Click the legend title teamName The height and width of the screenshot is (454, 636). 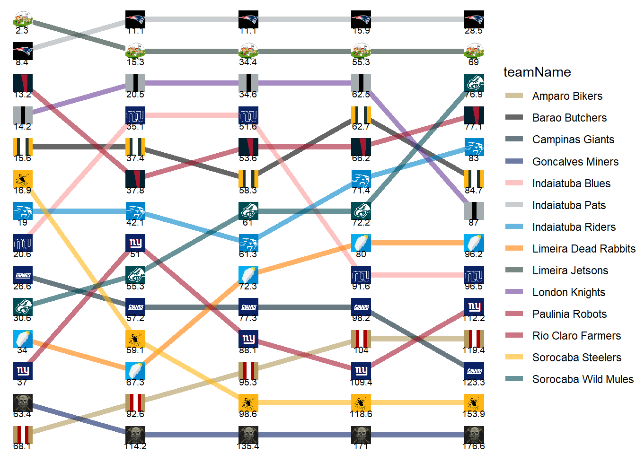(537, 72)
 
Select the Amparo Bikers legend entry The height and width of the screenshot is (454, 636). (567, 96)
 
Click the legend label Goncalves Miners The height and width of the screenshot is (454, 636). (575, 161)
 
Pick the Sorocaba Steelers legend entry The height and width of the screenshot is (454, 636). (576, 358)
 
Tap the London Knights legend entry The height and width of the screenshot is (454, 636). (568, 292)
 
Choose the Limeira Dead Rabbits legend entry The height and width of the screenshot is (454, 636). (583, 249)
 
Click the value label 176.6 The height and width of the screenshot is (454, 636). (474, 446)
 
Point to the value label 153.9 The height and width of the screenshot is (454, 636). (474, 414)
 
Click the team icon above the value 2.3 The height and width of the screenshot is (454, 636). (22, 19)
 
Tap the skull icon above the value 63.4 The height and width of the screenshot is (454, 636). (22, 403)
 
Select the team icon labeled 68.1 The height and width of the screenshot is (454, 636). (22, 435)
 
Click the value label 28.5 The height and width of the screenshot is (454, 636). (474, 31)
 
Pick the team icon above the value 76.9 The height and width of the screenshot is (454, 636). (474, 83)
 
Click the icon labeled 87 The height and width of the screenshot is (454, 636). (474, 211)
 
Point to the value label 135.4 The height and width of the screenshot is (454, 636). (248, 446)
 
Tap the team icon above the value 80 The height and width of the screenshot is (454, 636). (361, 243)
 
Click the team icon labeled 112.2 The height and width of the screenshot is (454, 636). (474, 307)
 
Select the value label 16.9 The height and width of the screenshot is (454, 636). (22, 190)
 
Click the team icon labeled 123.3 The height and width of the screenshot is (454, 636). (474, 371)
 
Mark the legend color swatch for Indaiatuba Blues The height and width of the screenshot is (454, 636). (514, 183)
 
